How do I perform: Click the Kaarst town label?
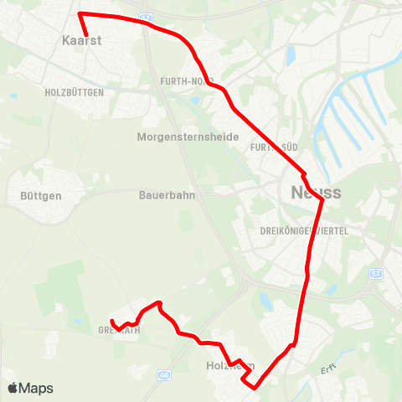[x=77, y=39]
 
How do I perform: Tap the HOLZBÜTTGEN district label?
[x=74, y=93]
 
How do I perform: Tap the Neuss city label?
[x=316, y=193]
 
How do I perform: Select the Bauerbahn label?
[x=161, y=196]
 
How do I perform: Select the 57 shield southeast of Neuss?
[x=375, y=274]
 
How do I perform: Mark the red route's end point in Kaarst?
[x=86, y=34]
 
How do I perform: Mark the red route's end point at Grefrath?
[x=112, y=321]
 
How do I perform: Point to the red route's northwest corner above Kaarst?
[x=79, y=13]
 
